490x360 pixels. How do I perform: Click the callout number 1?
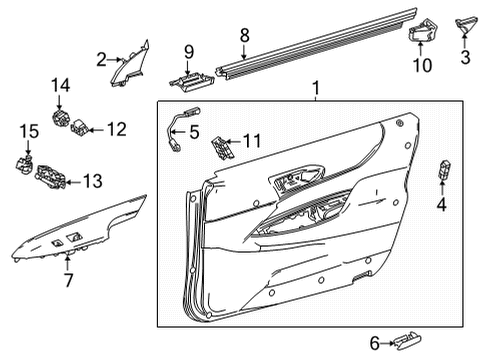(x=316, y=90)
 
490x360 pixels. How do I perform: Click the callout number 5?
(x=196, y=130)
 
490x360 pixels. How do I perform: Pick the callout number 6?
(x=375, y=343)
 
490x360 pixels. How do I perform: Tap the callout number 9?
(x=188, y=50)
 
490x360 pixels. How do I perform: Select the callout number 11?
(x=252, y=142)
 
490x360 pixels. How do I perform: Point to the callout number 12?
(x=117, y=128)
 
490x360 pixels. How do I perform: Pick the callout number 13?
(x=92, y=181)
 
